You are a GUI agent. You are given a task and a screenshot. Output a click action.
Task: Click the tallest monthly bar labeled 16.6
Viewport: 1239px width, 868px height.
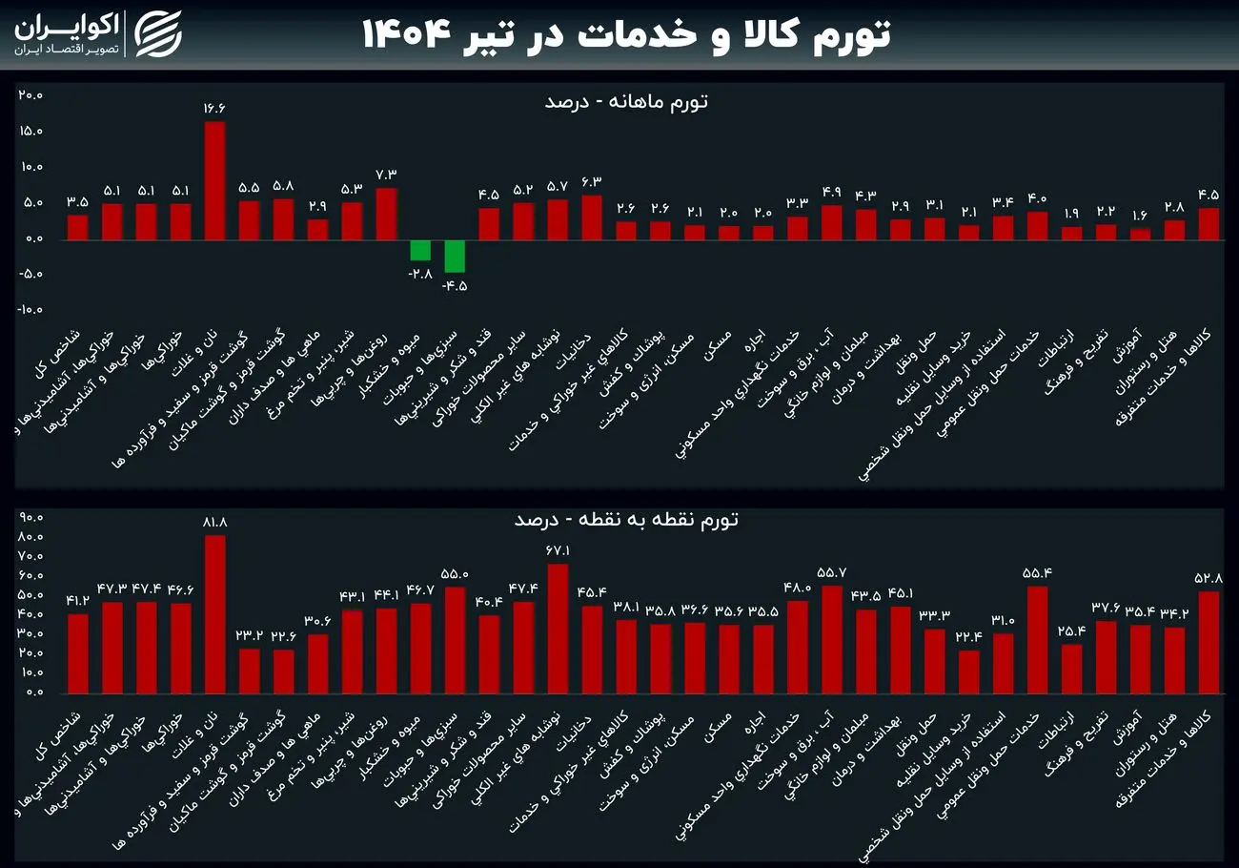point(214,181)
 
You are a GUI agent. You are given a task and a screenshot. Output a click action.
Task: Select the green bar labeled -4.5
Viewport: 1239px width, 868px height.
point(455,256)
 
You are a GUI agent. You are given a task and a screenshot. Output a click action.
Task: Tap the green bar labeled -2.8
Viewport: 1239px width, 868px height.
point(420,250)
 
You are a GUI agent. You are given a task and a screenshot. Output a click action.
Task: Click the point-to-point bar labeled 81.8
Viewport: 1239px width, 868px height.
point(214,613)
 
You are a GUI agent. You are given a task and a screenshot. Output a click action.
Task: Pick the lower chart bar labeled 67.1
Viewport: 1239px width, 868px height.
point(558,628)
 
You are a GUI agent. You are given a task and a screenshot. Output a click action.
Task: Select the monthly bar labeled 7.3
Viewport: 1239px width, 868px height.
point(386,214)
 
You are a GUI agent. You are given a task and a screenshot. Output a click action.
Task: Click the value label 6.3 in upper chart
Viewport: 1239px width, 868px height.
point(592,180)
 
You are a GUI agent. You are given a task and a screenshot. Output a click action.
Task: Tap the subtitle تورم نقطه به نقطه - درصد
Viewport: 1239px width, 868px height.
point(626,520)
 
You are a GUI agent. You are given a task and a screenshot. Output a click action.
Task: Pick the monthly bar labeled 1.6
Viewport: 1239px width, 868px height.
point(1140,234)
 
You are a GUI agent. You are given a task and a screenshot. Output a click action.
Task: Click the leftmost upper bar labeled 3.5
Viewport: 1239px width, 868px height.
point(77,227)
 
